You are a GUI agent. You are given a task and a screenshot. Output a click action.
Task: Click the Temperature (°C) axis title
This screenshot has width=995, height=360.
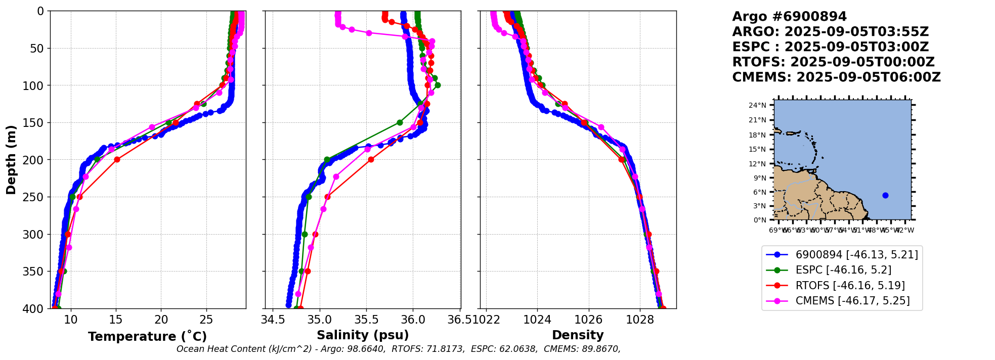147,337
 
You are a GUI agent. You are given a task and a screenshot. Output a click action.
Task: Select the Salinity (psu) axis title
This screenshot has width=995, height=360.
363,335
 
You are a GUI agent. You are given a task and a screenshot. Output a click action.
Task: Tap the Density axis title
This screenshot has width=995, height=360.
578,335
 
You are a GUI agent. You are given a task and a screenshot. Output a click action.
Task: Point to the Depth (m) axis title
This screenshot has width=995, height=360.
11,160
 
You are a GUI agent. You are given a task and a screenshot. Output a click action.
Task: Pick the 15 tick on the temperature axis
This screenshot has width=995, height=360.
116,320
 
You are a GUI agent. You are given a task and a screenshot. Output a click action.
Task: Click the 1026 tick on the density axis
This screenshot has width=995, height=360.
588,320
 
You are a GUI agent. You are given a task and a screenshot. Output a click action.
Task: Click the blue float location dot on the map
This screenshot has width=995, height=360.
885,195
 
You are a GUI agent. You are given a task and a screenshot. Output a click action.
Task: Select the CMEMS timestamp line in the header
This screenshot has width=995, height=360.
836,77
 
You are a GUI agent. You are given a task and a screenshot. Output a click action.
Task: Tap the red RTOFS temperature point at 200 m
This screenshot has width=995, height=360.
117,160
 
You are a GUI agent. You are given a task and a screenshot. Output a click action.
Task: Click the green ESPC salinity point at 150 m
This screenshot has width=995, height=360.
400,122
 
